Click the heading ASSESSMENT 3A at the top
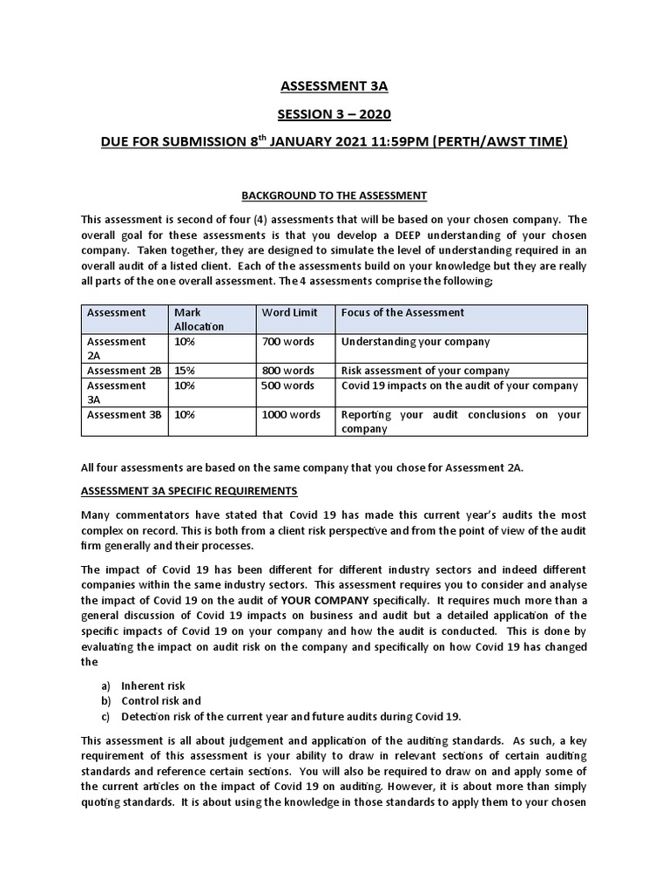[x=334, y=85]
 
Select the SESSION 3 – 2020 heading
[x=334, y=113]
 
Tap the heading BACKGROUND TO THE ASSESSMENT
[x=334, y=195]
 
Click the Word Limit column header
[x=289, y=312]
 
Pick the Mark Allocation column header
[x=199, y=319]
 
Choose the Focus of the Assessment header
[x=402, y=312]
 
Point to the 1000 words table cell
[x=291, y=415]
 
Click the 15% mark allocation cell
[x=185, y=371]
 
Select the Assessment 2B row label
[x=124, y=371]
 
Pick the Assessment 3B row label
[x=124, y=415]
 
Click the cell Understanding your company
[x=416, y=342]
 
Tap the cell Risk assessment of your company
[x=425, y=371]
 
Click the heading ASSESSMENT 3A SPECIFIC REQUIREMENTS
[x=189, y=490]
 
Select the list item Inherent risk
[x=153, y=685]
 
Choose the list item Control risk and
[x=161, y=700]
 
